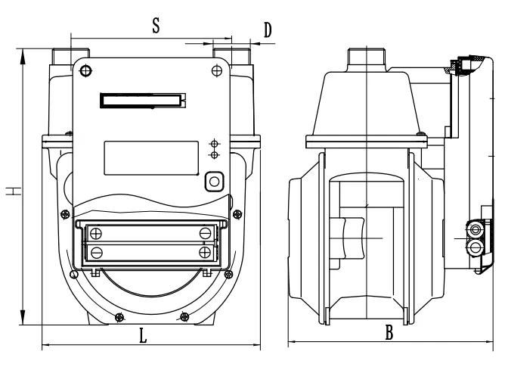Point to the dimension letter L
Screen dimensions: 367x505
tap(143, 337)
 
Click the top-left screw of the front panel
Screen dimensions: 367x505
tap(85, 71)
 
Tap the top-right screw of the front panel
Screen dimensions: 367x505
tap(218, 70)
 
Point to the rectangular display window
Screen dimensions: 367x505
tap(150, 157)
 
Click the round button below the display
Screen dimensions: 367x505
tap(215, 181)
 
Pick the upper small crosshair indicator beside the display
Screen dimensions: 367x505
tap(215, 143)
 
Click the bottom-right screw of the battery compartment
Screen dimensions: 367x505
tap(205, 250)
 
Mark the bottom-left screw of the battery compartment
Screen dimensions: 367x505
tap(96, 250)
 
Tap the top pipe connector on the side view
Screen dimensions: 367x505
tap(365, 58)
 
